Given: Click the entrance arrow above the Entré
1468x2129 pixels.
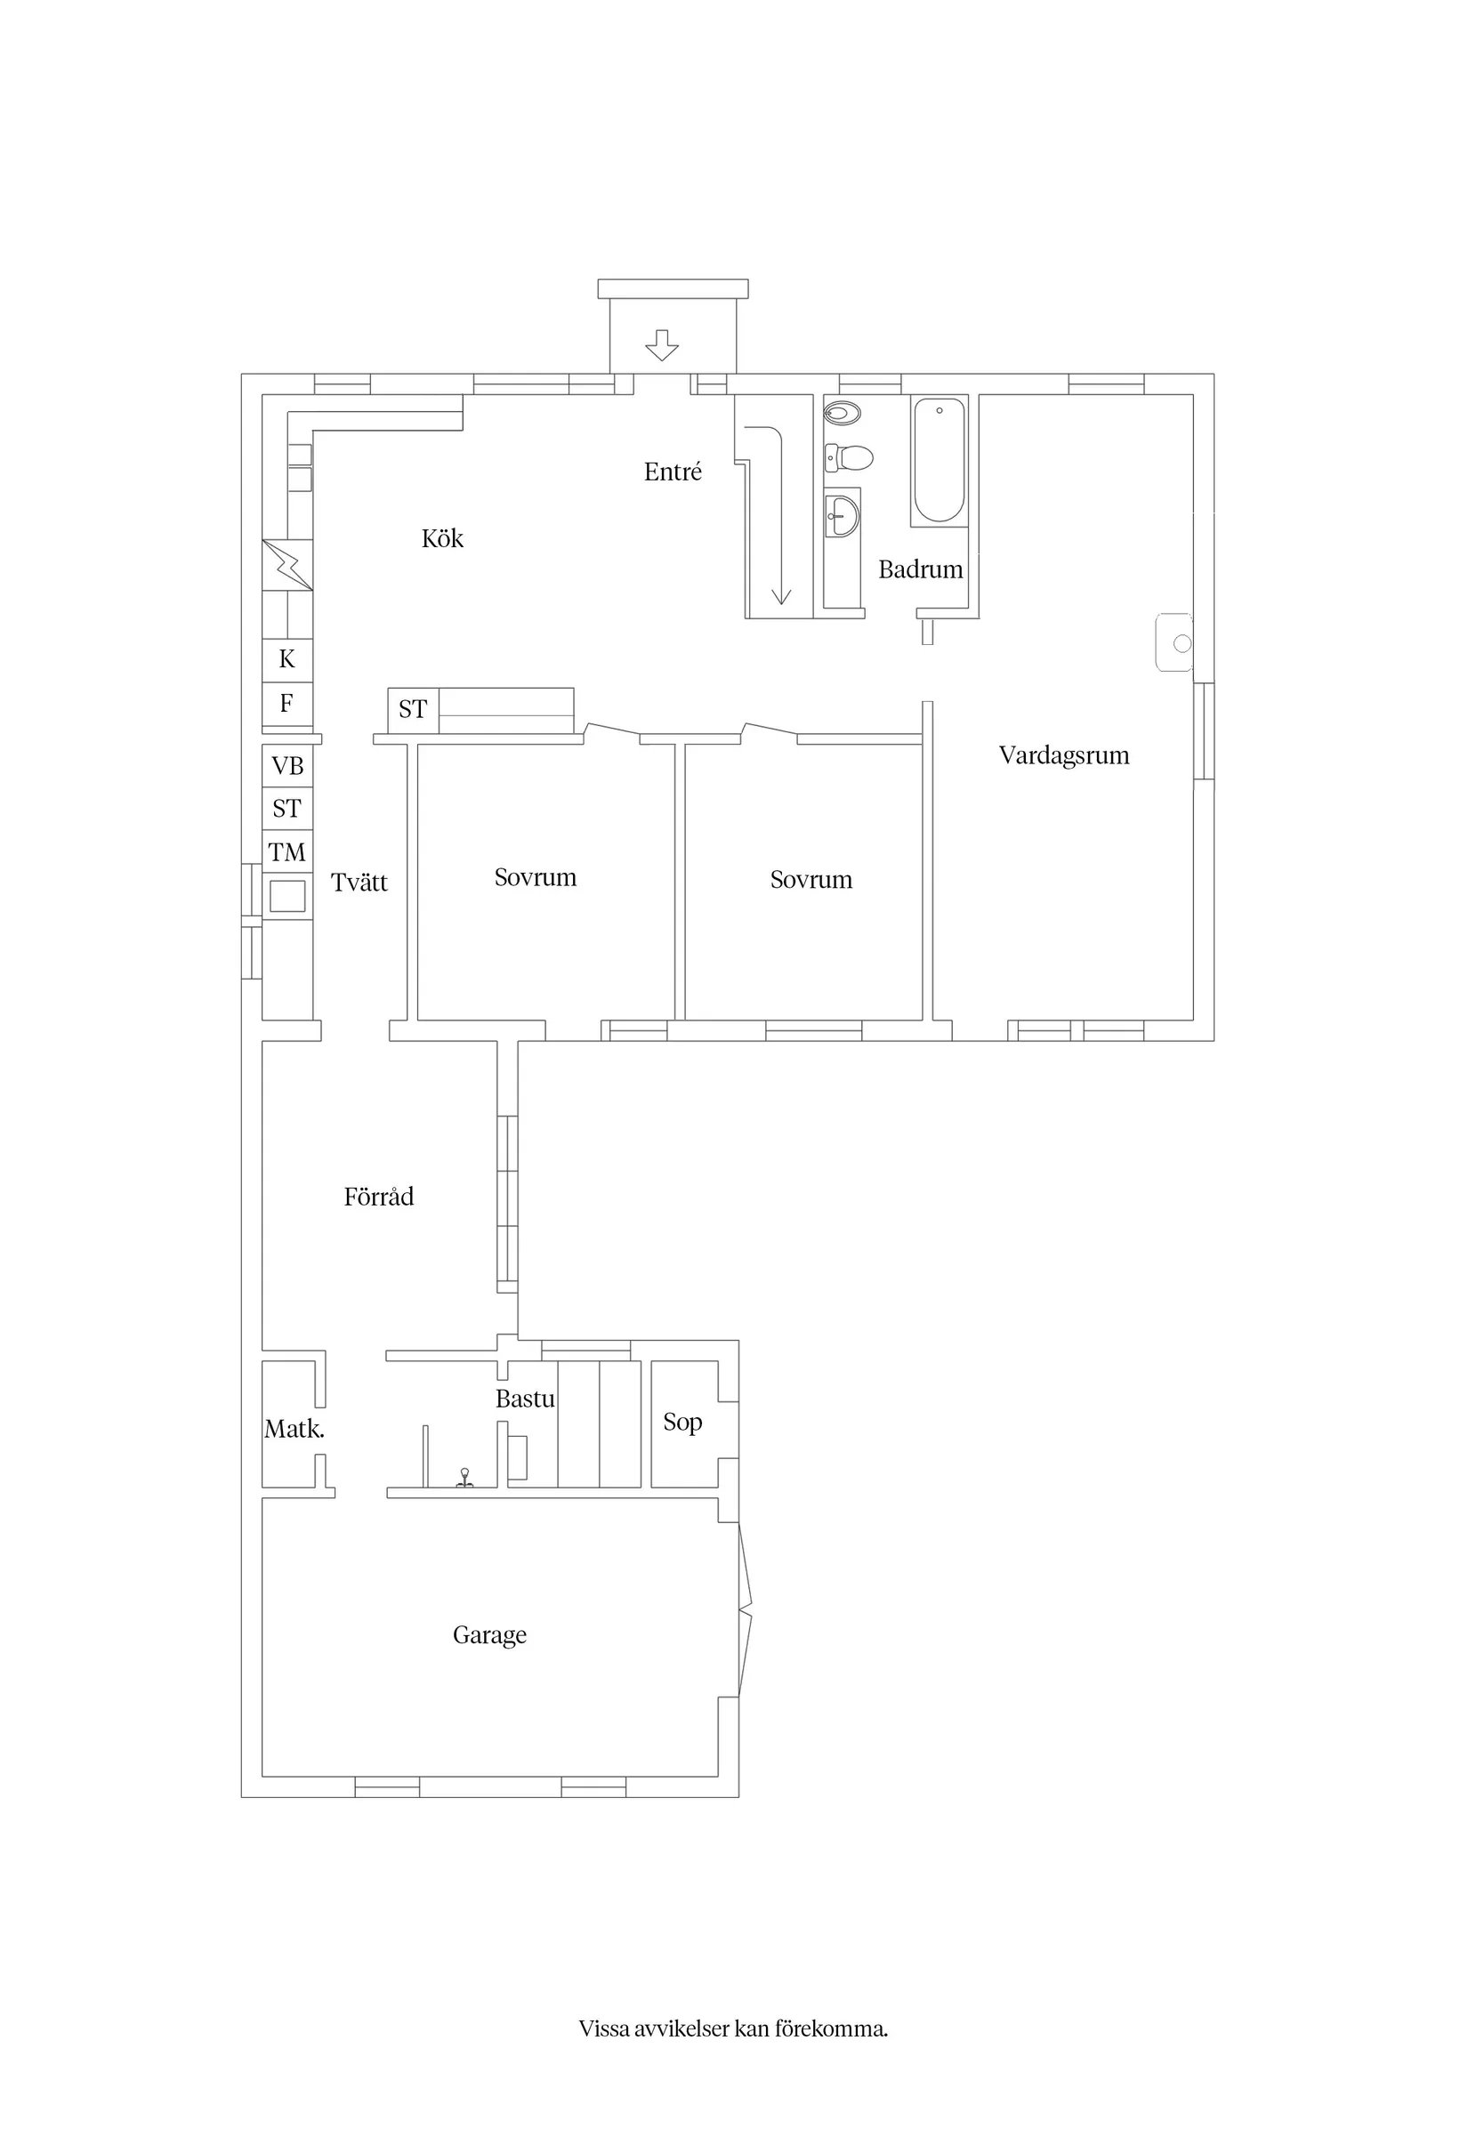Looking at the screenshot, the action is tap(661, 345).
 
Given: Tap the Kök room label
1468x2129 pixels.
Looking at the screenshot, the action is tap(442, 539).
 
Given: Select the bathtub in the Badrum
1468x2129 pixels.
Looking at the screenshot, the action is tap(940, 461).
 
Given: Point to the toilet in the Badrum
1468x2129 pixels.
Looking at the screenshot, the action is tap(848, 456).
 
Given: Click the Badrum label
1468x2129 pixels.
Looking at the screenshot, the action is tap(921, 570).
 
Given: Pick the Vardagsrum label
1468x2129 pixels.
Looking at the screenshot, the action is tap(1064, 756).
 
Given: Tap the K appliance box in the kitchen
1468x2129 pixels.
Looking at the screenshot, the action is tap(287, 660).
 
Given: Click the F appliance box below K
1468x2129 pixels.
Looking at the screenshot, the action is tap(287, 705).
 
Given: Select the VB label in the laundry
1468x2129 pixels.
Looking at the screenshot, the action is tap(288, 766).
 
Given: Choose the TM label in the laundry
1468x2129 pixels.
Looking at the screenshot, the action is tap(288, 852).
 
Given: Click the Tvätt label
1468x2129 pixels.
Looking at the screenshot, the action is tap(359, 883).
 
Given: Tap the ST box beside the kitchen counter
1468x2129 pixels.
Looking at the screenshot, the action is tap(413, 710).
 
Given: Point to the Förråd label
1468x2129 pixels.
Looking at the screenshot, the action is tap(379, 1197).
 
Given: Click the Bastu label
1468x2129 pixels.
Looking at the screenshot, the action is tap(525, 1399).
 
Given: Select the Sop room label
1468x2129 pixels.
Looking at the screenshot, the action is tap(682, 1423).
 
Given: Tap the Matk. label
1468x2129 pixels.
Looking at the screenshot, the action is tap(294, 1429).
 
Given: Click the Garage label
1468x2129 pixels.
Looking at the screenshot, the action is tap(489, 1635).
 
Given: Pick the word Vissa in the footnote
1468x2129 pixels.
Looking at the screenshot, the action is tap(604, 2028).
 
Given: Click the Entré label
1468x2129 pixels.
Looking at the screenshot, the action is tap(674, 472).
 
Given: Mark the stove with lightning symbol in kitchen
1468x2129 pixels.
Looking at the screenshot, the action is tap(288, 565).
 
